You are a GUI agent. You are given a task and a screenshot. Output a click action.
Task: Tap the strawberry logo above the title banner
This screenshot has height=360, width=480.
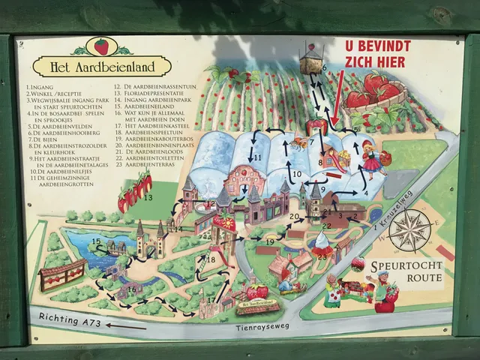point(100,46)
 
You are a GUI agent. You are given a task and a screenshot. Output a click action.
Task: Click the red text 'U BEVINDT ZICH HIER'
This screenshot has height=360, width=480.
point(379,52)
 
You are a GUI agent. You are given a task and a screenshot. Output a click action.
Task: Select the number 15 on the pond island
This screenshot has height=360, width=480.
point(96,241)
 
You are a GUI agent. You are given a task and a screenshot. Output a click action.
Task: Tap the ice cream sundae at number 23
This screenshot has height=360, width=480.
point(322,244)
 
